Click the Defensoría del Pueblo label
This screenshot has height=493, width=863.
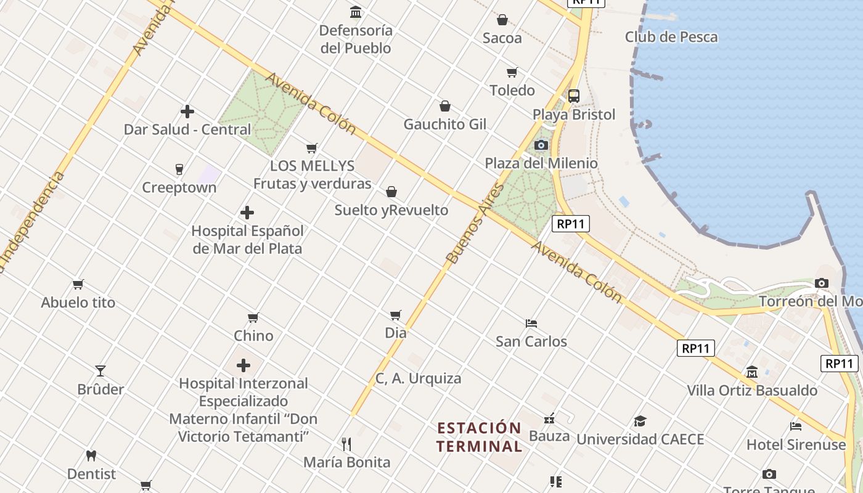pyautogui.click(x=356, y=39)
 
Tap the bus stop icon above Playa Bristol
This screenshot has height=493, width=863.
pyautogui.click(x=574, y=96)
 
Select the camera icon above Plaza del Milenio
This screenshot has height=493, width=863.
pyautogui.click(x=541, y=145)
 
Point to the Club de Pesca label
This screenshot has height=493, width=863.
pyautogui.click(x=671, y=37)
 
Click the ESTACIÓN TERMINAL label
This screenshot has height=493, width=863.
pyautogui.click(x=480, y=437)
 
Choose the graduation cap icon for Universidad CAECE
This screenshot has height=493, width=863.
pyautogui.click(x=640, y=422)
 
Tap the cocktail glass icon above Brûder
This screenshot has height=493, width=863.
pyautogui.click(x=100, y=371)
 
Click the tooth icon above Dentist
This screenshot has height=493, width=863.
pyautogui.click(x=91, y=456)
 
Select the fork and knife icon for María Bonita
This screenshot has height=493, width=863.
pyautogui.click(x=346, y=444)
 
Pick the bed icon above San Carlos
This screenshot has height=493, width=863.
pyautogui.click(x=531, y=323)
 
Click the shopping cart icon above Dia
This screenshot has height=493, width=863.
pyautogui.click(x=396, y=315)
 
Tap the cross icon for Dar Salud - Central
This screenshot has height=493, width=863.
pyautogui.click(x=187, y=112)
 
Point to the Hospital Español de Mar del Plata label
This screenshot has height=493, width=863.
pyautogui.click(x=247, y=240)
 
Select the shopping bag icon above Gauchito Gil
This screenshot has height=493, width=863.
pyautogui.click(x=445, y=106)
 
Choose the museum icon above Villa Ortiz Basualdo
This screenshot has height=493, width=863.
pyautogui.click(x=752, y=372)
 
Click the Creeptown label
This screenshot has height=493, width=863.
pyautogui.click(x=179, y=187)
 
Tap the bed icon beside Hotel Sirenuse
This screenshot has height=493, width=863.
pyautogui.click(x=796, y=426)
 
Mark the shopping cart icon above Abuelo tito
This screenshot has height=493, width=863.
pyautogui.click(x=78, y=284)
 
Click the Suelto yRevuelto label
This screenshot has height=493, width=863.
pyautogui.click(x=391, y=210)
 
